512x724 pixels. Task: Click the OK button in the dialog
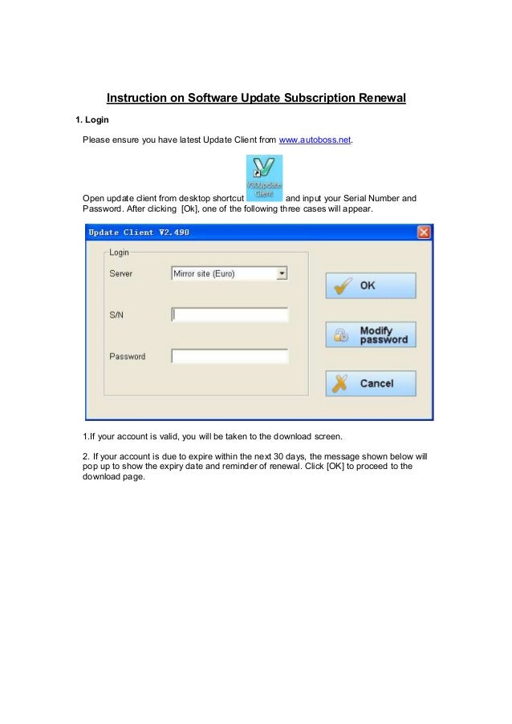[x=370, y=285]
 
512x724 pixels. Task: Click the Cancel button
[x=370, y=383]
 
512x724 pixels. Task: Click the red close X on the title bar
[x=424, y=233]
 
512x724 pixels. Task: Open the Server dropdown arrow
[x=282, y=273]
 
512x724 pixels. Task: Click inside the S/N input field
[x=230, y=315]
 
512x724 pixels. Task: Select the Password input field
[x=230, y=356]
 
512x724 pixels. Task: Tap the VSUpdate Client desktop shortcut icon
[x=263, y=176]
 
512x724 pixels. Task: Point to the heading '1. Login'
[x=92, y=120]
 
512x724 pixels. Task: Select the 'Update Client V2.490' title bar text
[x=139, y=233]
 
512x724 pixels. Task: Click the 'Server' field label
[x=121, y=273]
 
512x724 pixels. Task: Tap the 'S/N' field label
[x=116, y=315]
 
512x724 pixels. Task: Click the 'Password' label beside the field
[x=127, y=356]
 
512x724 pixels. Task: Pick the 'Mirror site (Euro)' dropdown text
[x=205, y=273]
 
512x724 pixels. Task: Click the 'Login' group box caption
[x=119, y=252]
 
